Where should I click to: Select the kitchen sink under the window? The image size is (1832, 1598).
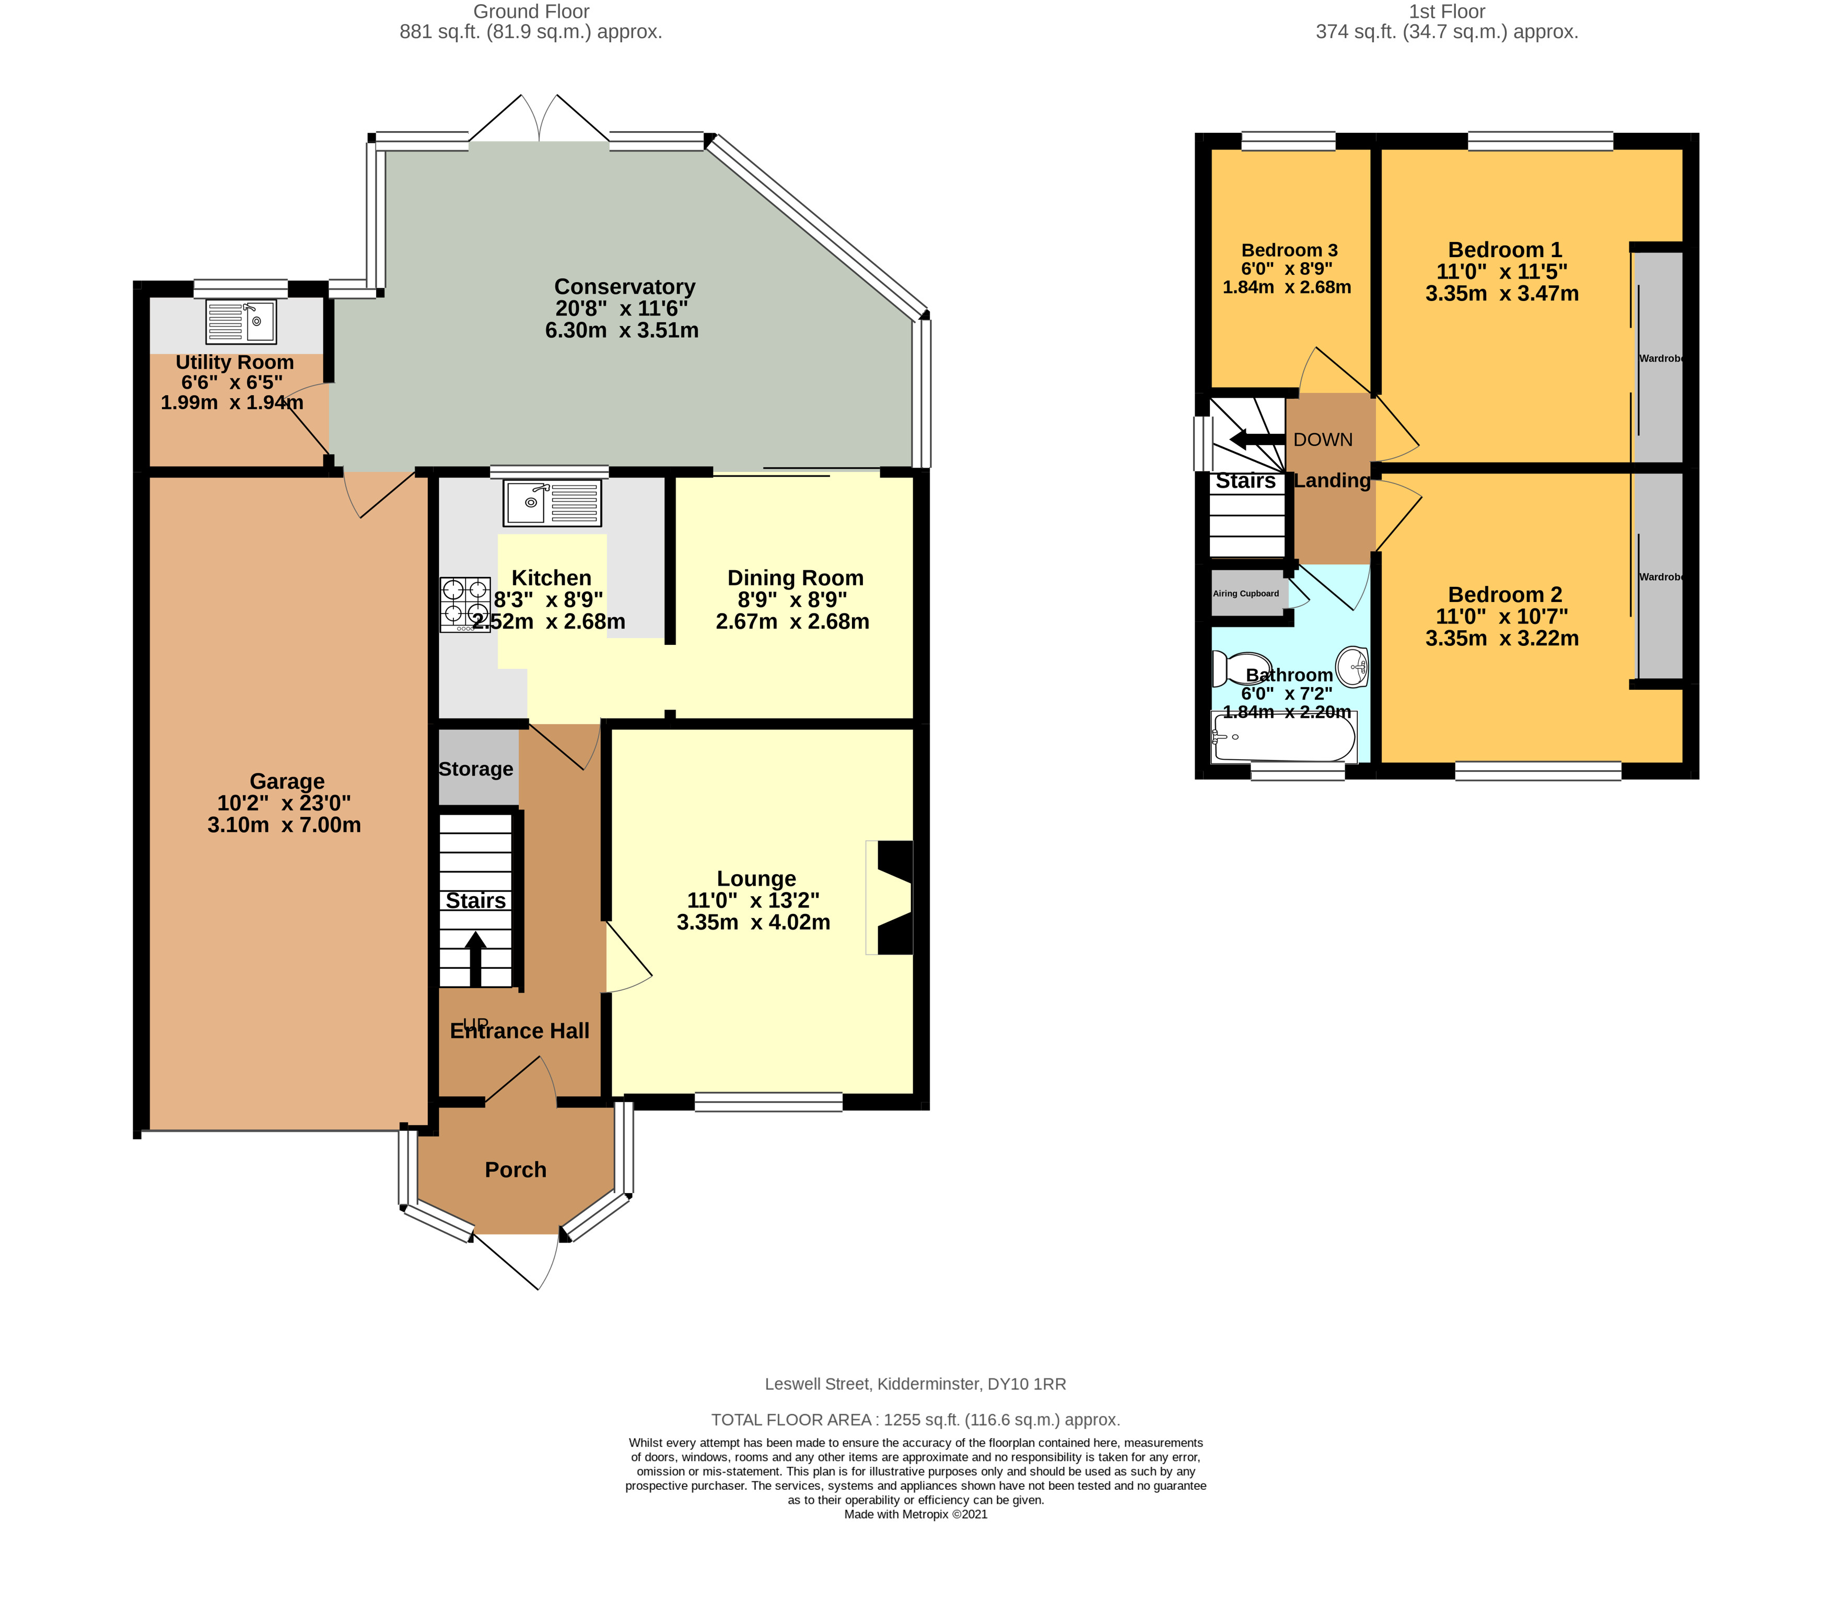click(x=552, y=503)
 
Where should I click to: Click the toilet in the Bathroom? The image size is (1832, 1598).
click(x=1233, y=668)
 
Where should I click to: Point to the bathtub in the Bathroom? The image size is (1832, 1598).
click(x=1283, y=737)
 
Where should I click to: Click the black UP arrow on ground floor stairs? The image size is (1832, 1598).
click(x=475, y=958)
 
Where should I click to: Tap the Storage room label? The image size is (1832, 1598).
click(x=476, y=769)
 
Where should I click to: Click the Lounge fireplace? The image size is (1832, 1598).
click(x=893, y=897)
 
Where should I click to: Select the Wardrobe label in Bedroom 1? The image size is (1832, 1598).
click(x=1661, y=358)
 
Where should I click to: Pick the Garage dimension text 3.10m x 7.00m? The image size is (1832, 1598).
click(x=284, y=825)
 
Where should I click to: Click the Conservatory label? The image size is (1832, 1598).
click(x=624, y=286)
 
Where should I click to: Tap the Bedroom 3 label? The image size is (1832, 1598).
click(x=1289, y=250)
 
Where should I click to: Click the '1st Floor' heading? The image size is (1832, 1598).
click(x=1447, y=11)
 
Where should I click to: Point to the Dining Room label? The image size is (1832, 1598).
click(x=795, y=578)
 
